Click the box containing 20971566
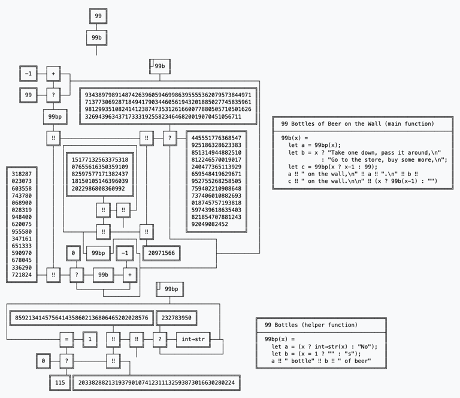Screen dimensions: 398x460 [161, 254]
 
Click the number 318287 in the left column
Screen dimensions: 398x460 [22, 173]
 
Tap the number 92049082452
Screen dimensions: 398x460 [210, 224]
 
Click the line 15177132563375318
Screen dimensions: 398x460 [99, 159]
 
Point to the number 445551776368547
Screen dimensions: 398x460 [216, 138]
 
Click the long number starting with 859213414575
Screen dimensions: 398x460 [81, 318]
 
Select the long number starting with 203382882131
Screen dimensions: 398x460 [155, 382]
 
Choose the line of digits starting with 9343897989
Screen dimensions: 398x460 [168, 95]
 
